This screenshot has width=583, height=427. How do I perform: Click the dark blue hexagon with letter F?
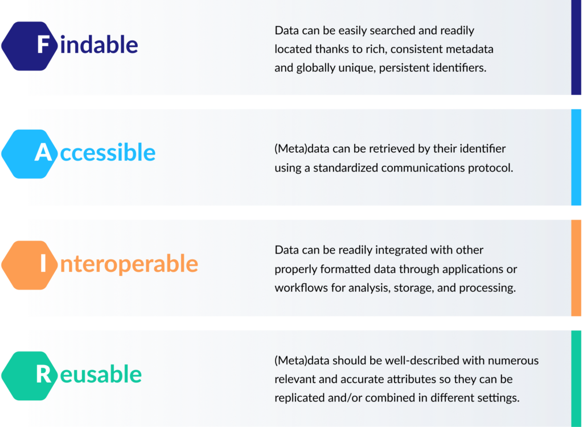click(x=30, y=46)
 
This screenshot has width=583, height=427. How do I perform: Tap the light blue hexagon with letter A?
click(x=30, y=154)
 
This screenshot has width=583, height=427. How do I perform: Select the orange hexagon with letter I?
click(x=30, y=265)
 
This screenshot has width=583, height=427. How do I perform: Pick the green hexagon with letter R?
click(x=30, y=376)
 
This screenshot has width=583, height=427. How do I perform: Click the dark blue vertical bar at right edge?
click(x=576, y=47)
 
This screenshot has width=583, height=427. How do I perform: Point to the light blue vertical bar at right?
click(x=576, y=157)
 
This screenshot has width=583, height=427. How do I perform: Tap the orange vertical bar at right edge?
click(x=576, y=268)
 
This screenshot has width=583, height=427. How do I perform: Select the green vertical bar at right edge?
click(x=576, y=378)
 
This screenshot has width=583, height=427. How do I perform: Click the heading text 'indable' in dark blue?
click(x=99, y=45)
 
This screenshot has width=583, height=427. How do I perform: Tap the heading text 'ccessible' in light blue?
click(x=108, y=152)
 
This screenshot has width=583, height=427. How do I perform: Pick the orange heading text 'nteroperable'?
click(x=129, y=264)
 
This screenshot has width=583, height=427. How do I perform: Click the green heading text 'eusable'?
click(x=101, y=374)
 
